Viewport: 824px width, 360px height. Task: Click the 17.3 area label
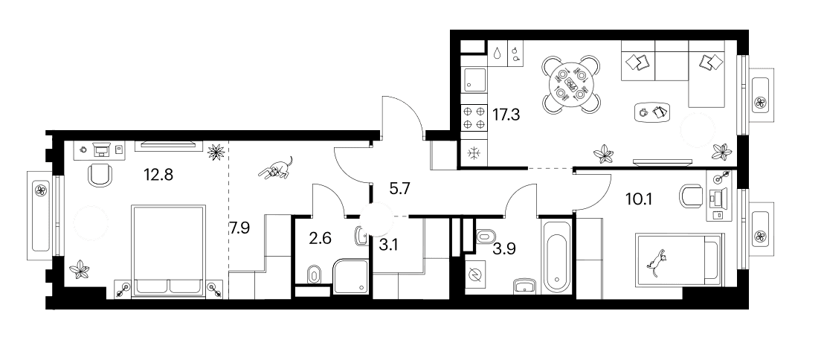pyautogui.click(x=506, y=114)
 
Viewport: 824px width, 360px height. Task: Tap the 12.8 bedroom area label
pyautogui.click(x=158, y=173)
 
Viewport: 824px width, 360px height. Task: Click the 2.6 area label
pyautogui.click(x=321, y=239)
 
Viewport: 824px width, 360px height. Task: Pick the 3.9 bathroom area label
pyautogui.click(x=504, y=249)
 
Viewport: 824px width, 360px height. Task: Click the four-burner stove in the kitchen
pyautogui.click(x=474, y=118)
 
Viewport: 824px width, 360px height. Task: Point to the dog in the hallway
pyautogui.click(x=276, y=168)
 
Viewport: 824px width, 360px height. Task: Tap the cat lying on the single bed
pyautogui.click(x=658, y=261)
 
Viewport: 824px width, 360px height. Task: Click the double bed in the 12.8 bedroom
pyautogui.click(x=168, y=251)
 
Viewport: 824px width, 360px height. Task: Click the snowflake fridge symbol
pyautogui.click(x=474, y=154)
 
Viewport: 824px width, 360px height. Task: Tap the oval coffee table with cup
pyautogui.click(x=653, y=112)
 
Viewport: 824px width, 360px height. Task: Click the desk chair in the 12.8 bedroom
pyautogui.click(x=100, y=174)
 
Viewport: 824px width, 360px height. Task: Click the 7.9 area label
pyautogui.click(x=239, y=228)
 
